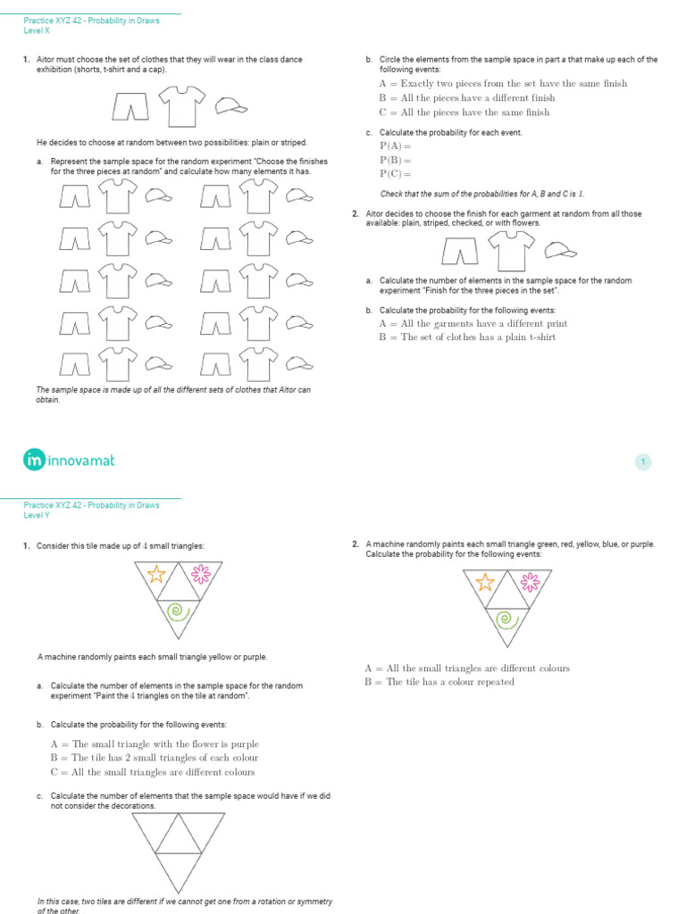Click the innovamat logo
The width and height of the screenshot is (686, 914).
coord(69,461)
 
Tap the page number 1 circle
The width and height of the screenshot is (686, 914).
coord(643,461)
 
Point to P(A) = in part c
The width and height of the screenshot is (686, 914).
coord(395,145)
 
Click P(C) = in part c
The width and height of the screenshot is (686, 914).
coord(395,174)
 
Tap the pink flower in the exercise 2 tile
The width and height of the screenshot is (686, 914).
coord(531,582)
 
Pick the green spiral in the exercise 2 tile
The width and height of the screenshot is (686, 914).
coord(505,618)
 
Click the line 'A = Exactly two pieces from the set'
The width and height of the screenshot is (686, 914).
coord(503,84)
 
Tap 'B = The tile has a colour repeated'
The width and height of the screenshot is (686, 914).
coord(439,682)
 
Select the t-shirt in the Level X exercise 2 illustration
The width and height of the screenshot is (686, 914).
coord(512,252)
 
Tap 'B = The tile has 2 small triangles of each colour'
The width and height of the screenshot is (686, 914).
coord(159,758)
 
